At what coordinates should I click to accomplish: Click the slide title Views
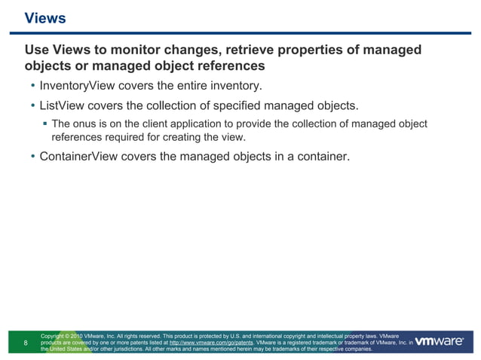point(45,18)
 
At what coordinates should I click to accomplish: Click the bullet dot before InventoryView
point(32,85)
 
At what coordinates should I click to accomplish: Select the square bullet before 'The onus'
point(44,124)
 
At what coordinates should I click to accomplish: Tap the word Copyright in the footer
point(55,335)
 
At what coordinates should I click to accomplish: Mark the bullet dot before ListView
point(32,105)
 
